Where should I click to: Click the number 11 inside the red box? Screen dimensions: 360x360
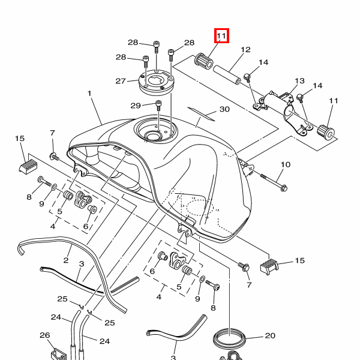(221, 37)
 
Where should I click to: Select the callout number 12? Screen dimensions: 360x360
(245, 50)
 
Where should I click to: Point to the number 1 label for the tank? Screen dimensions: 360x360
(89, 94)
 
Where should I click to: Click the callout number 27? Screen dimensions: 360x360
(120, 81)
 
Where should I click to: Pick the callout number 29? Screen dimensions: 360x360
(136, 106)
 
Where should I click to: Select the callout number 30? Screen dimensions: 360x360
(208, 110)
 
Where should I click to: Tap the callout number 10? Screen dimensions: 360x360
(285, 164)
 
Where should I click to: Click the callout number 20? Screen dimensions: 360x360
(269, 336)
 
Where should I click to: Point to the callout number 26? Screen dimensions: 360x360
(44, 335)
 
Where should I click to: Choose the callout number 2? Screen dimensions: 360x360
(66, 262)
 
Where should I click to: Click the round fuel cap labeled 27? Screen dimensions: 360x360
(155, 83)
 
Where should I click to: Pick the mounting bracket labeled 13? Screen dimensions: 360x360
(282, 108)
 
